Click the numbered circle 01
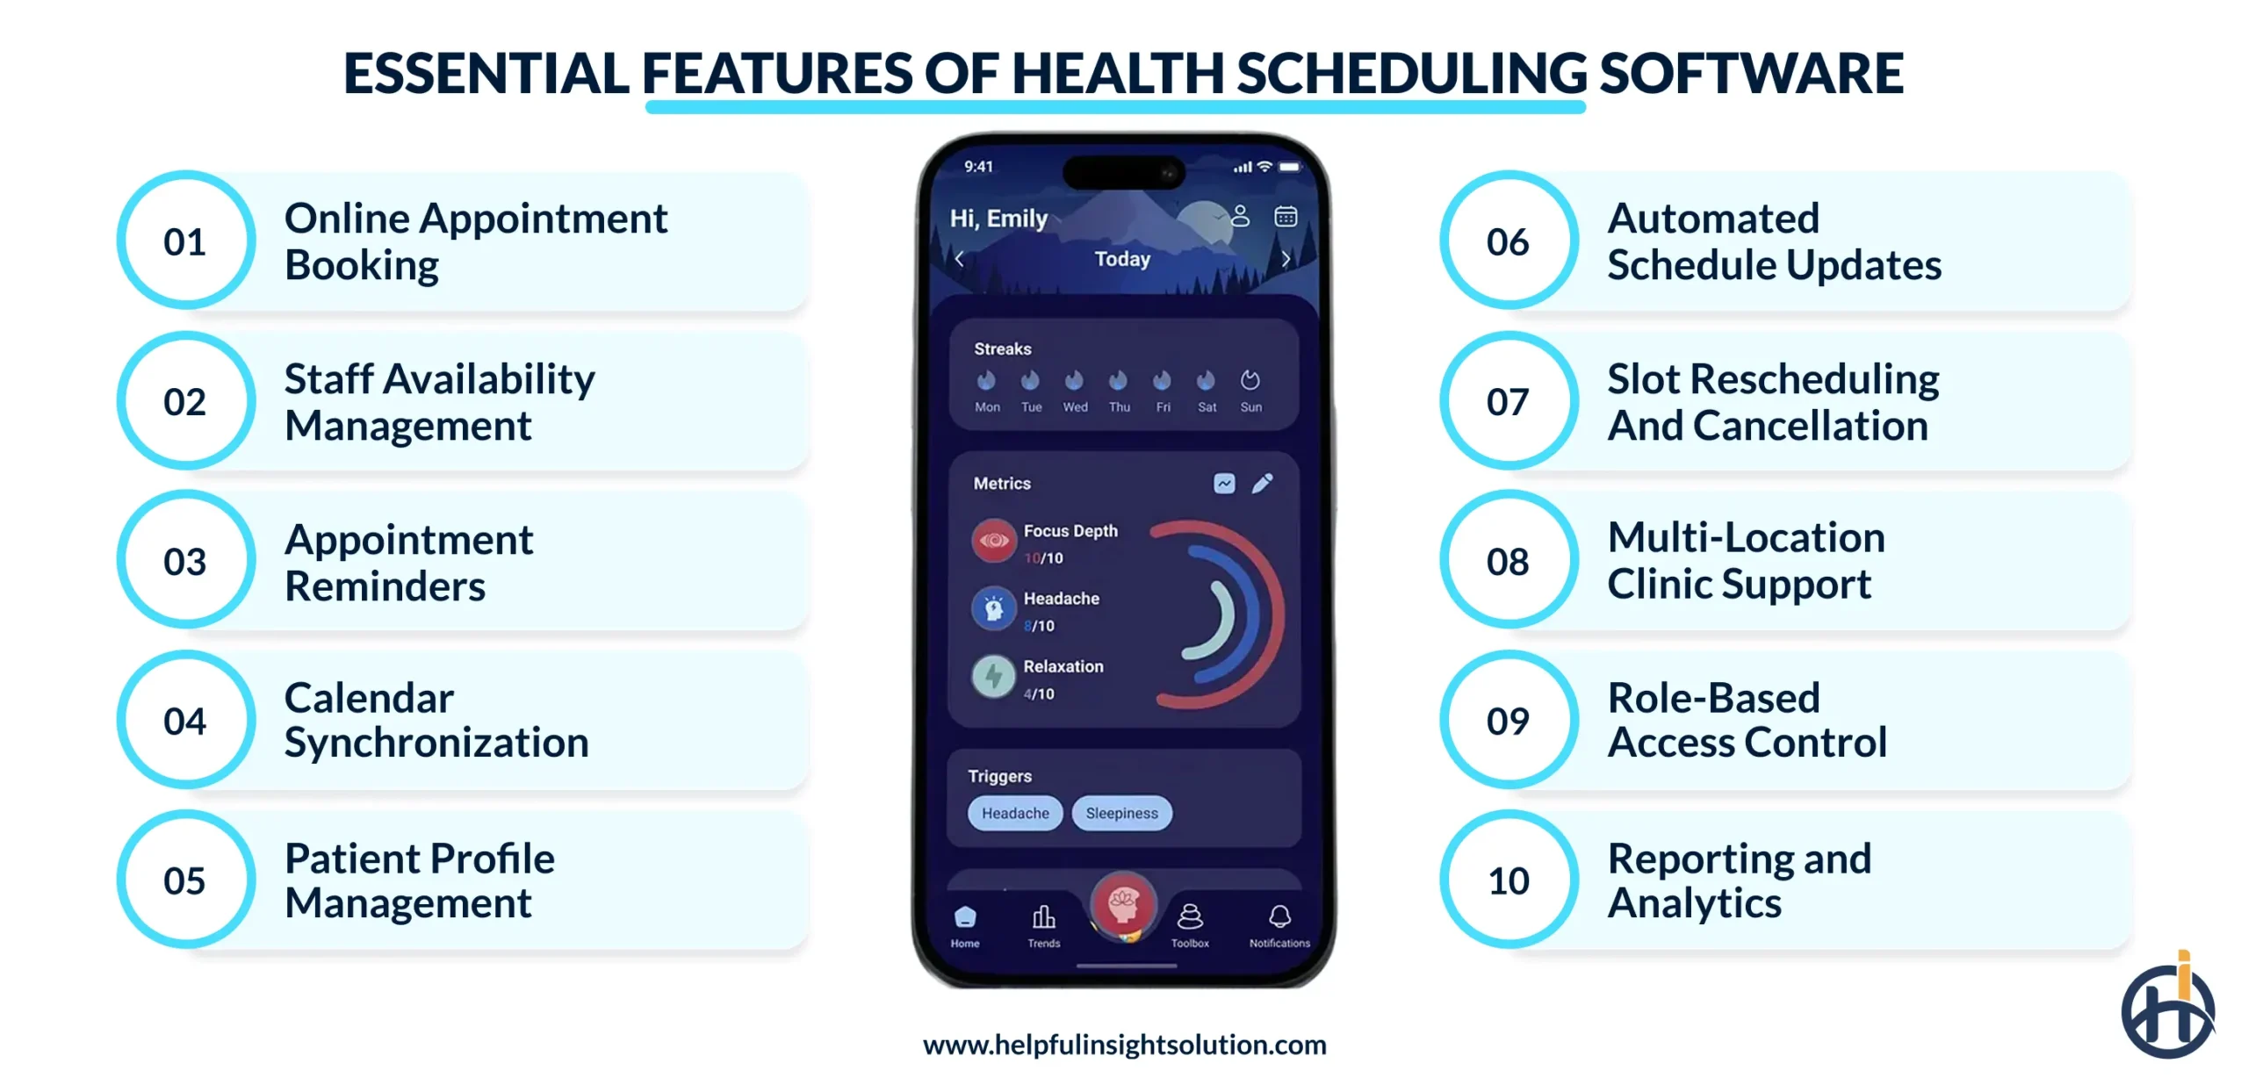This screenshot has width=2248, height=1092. pos(185,241)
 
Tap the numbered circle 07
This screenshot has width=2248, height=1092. pos(1508,401)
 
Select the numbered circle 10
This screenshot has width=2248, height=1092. pos(1508,880)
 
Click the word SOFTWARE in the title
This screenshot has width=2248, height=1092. pos(1751,73)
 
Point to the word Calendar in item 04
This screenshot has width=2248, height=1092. pos(369,699)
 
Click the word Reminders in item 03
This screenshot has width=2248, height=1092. pos(385,586)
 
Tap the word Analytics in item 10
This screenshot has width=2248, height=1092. pos(1694,904)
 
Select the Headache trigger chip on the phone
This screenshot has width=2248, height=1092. pos(1014,814)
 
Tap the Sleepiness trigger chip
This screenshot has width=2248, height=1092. pos(1121,814)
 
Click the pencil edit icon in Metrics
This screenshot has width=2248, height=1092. pos(1262,484)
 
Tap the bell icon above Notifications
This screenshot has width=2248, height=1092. pos(1279,917)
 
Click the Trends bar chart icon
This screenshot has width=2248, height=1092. pos(1043,917)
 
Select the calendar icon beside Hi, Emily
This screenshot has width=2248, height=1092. pos(1286,216)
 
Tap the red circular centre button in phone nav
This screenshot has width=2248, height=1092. pos(1122,904)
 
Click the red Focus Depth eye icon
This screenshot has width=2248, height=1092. pos(993,541)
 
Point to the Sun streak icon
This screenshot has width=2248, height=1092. pos(1250,381)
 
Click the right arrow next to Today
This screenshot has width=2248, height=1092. pos(1286,259)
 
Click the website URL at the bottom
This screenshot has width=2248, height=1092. pos(1124,1045)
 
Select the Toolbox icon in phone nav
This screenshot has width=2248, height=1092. pos(1190,917)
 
